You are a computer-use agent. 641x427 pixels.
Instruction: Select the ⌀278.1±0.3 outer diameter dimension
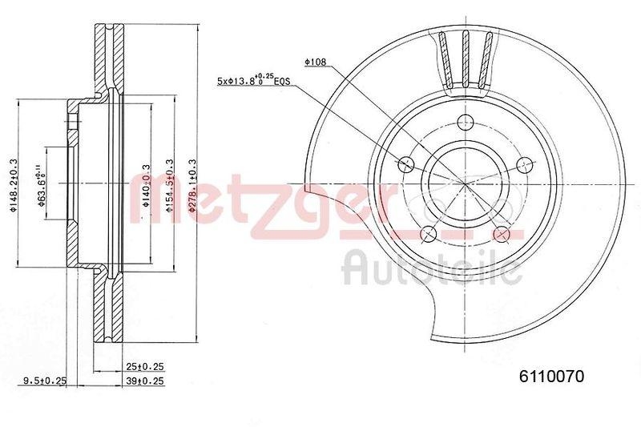click(x=191, y=185)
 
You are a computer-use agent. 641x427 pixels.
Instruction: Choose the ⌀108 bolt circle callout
click(x=316, y=60)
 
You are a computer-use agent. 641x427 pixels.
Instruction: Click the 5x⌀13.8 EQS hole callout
click(x=254, y=81)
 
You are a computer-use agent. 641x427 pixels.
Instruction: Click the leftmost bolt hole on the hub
click(x=406, y=165)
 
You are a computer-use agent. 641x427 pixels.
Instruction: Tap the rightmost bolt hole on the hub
click(x=524, y=165)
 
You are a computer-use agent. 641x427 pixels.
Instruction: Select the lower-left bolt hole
click(x=429, y=233)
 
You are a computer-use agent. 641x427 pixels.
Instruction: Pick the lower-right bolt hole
click(x=502, y=233)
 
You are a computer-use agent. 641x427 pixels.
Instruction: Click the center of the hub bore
click(x=465, y=183)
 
